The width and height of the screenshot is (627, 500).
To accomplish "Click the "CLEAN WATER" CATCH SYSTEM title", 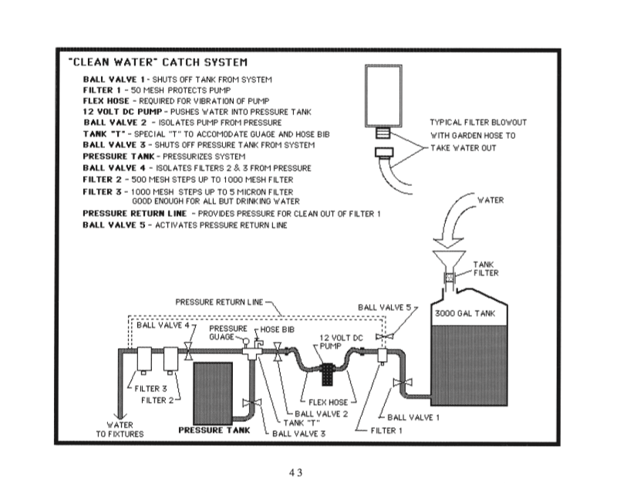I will (158, 62).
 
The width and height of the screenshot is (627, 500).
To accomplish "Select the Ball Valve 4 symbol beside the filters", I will (188, 354).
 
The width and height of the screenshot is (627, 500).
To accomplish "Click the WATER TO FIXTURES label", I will (120, 429).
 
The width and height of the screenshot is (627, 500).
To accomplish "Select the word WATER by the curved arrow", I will (490, 201).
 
